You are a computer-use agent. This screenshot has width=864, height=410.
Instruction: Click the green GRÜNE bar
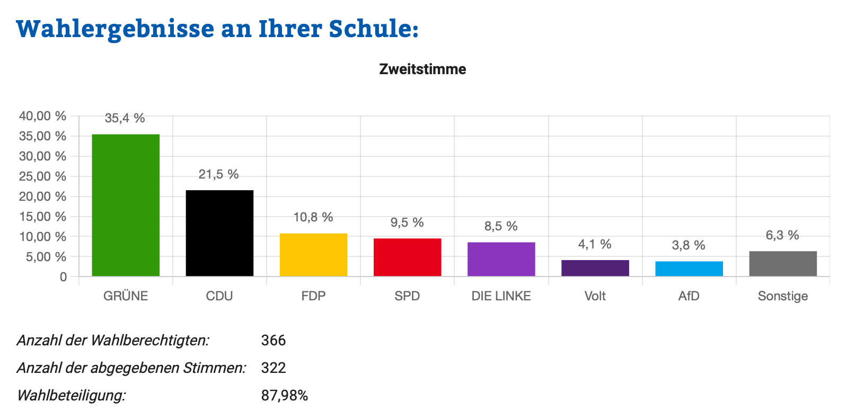click(x=126, y=205)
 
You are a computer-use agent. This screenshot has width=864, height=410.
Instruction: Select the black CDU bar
click(x=219, y=233)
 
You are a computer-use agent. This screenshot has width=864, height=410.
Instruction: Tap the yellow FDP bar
click(x=313, y=255)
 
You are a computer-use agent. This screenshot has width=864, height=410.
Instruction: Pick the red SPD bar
click(x=407, y=257)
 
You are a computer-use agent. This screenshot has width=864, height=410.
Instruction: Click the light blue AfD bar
click(x=689, y=269)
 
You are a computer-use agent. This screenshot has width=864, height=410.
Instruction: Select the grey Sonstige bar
click(x=782, y=264)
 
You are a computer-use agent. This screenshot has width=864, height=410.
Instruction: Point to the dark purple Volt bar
click(x=595, y=268)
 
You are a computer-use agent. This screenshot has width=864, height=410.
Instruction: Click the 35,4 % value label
click(x=125, y=118)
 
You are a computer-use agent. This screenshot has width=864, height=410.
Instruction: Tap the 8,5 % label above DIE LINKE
click(x=501, y=226)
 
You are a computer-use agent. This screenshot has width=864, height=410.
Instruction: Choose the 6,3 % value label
click(x=782, y=235)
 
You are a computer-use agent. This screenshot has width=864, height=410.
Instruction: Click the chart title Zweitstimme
click(x=422, y=69)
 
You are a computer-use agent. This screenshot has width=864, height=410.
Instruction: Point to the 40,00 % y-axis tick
click(x=43, y=116)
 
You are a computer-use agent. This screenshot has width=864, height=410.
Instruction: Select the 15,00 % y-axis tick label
click(x=43, y=217)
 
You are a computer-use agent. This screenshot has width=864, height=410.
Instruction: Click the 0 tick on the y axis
click(x=64, y=277)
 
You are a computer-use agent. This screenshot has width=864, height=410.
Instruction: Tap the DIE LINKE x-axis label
click(x=501, y=296)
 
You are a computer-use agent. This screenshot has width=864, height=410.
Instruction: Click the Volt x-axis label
click(x=595, y=296)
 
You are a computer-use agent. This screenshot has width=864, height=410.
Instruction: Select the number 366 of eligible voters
click(x=274, y=340)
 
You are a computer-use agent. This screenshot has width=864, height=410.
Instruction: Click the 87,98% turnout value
click(x=285, y=395)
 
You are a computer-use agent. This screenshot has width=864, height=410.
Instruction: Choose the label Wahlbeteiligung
click(x=72, y=395)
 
